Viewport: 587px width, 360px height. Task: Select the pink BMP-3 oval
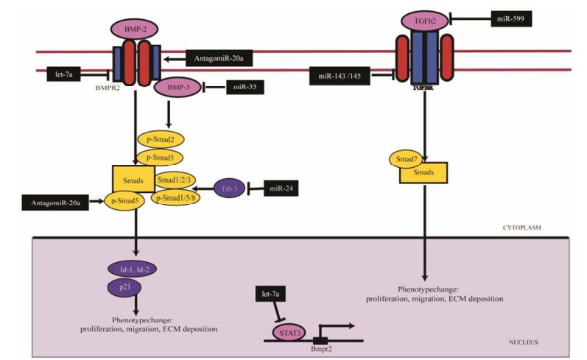177,87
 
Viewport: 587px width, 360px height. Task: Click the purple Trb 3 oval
228,188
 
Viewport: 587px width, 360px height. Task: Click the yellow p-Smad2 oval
160,138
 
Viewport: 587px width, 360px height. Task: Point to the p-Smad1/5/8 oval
176,197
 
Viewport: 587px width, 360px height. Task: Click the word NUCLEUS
524,342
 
